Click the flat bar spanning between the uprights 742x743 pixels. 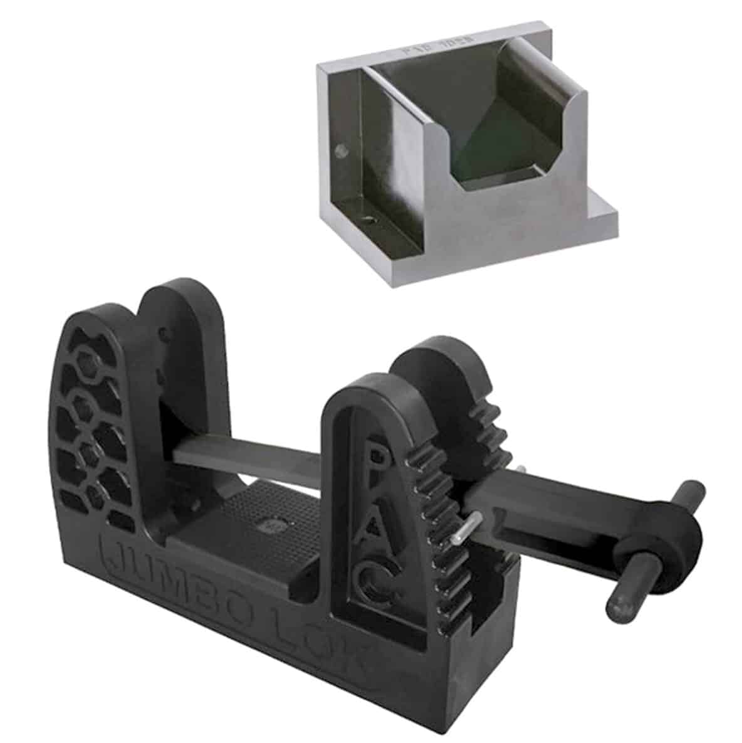coord(263,465)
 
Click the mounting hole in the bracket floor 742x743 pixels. coord(369,221)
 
